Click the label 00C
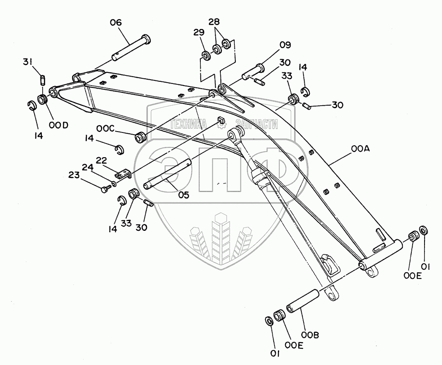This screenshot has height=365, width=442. [105, 128]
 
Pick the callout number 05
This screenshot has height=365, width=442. [184, 195]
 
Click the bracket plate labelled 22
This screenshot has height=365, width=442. [123, 175]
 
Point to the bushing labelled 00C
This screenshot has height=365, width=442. [140, 138]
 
